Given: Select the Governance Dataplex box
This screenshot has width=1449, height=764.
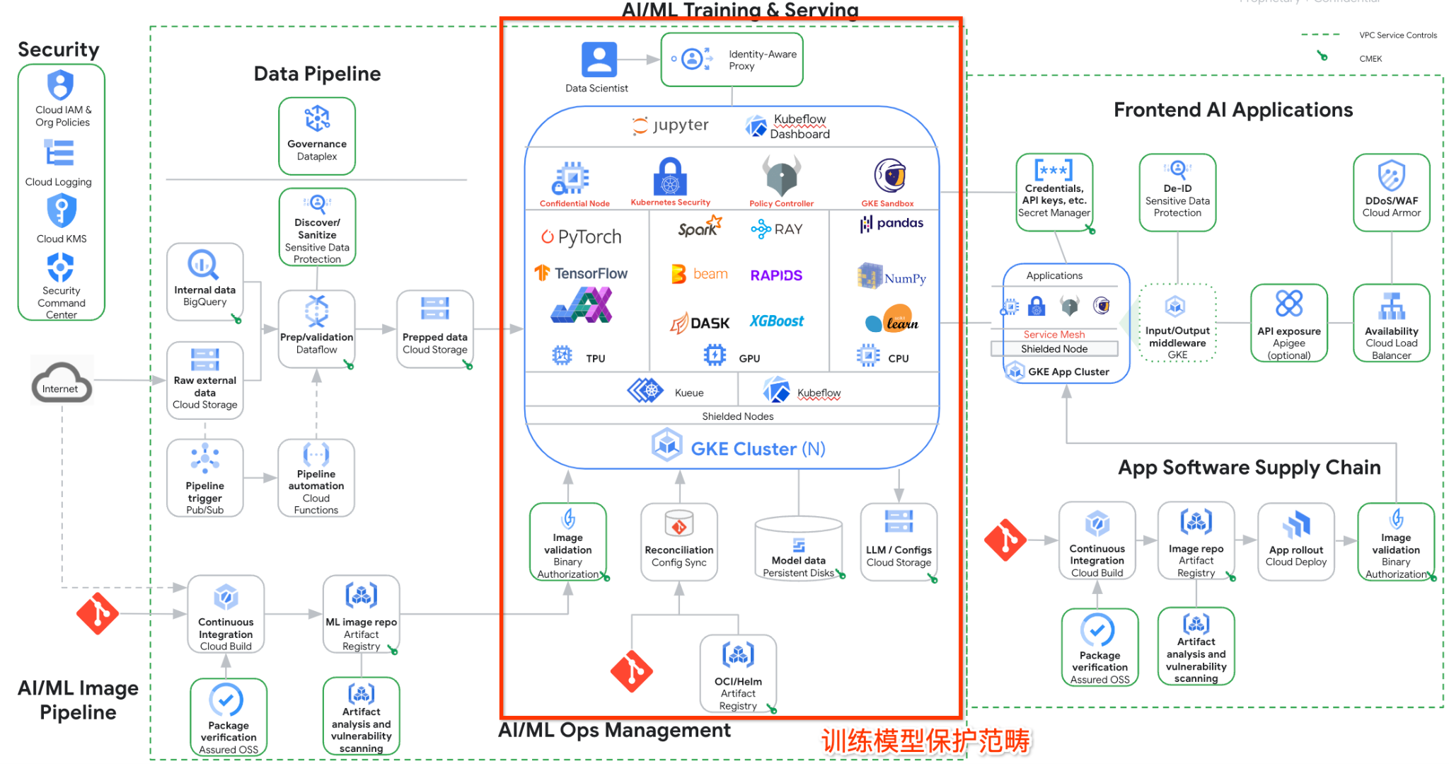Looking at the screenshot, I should [x=317, y=136].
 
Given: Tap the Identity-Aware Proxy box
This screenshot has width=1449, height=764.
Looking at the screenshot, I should [x=732, y=59].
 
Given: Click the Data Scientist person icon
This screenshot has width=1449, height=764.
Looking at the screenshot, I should [x=599, y=59].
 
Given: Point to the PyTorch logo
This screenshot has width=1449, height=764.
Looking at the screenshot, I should [x=581, y=236].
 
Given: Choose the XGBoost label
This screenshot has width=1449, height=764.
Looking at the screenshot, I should [x=776, y=321].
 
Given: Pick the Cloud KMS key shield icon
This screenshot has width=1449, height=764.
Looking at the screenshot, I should [x=62, y=211].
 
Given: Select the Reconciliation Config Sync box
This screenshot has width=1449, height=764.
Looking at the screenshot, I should [x=679, y=542].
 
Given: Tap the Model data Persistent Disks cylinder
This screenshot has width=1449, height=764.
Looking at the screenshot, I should [x=798, y=549].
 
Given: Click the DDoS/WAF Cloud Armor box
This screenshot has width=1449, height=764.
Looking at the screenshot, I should [x=1391, y=193].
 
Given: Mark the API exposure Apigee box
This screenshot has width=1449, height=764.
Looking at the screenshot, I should [x=1288, y=323].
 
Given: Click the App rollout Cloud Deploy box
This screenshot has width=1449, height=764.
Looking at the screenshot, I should [x=1295, y=542].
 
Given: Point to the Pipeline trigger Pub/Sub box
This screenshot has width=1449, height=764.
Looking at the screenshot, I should [x=205, y=478].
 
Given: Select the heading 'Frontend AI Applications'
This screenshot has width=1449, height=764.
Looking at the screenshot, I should [x=1232, y=110].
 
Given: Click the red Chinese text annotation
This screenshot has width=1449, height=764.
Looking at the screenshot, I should [x=925, y=741].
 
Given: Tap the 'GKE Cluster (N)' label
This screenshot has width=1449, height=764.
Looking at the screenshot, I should [x=756, y=449].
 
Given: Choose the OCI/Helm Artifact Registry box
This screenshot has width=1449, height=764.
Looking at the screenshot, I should [x=738, y=673].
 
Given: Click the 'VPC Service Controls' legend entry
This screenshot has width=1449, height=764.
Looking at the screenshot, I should [x=1397, y=35].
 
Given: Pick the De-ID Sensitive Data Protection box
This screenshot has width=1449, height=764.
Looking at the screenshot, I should [x=1177, y=193].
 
